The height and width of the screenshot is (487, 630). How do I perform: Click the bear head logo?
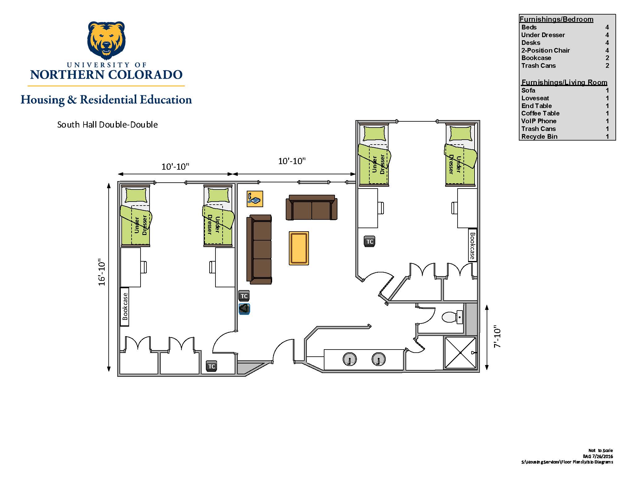click(106, 40)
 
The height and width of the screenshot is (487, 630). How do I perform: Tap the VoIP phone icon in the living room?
click(255, 199)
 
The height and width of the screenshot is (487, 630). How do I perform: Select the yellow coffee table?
click(299, 248)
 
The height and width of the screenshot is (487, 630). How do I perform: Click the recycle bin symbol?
click(244, 309)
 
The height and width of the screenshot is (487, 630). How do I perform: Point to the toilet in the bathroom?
click(452, 317)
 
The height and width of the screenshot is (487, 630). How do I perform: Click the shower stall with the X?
click(460, 353)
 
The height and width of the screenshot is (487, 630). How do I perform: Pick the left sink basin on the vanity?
click(350, 359)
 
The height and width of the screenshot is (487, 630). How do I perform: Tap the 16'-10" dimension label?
click(102, 272)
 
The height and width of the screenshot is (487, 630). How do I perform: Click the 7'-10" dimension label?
click(497, 337)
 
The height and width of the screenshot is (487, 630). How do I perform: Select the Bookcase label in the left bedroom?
click(125, 307)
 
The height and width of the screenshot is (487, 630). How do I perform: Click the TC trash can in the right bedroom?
click(370, 241)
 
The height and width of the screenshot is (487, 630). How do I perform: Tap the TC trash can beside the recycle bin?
click(244, 296)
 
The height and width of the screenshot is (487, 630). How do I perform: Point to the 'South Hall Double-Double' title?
click(107, 124)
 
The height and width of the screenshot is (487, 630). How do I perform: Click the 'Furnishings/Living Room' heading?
click(564, 82)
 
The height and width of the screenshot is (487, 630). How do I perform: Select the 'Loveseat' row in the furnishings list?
click(565, 98)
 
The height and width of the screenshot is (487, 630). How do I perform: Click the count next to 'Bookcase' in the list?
click(607, 58)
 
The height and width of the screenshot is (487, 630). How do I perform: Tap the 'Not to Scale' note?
click(601, 450)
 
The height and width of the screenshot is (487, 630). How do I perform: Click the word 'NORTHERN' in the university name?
click(67, 75)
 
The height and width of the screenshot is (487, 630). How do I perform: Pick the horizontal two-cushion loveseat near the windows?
click(311, 207)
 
